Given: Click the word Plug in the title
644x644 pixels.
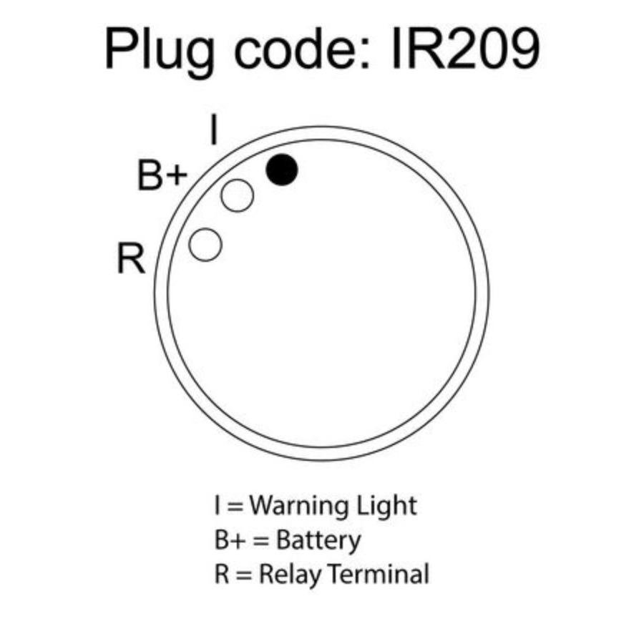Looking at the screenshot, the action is click(x=160, y=52).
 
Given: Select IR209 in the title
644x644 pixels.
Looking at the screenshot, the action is click(x=464, y=49).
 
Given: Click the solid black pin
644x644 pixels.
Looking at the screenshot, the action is click(x=282, y=170).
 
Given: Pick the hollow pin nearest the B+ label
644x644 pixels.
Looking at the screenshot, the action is click(x=237, y=195).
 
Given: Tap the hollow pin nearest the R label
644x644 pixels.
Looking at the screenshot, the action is click(x=205, y=245).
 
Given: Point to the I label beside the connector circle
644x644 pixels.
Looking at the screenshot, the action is click(x=213, y=130).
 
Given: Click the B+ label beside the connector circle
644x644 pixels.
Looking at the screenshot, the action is click(x=162, y=175).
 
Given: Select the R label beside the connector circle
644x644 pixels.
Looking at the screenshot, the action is click(x=131, y=258).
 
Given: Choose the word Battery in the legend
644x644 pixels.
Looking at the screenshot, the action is click(x=318, y=540).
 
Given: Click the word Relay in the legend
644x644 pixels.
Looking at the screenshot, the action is click(x=290, y=574).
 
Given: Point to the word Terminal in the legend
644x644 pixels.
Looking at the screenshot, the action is click(x=379, y=573).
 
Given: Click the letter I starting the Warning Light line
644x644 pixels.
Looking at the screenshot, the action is click(x=217, y=506).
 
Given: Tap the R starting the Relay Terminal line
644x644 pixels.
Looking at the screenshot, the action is click(x=222, y=574).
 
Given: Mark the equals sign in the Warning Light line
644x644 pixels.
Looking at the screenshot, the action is click(x=235, y=507).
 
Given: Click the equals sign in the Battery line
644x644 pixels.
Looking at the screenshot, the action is click(x=261, y=541).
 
